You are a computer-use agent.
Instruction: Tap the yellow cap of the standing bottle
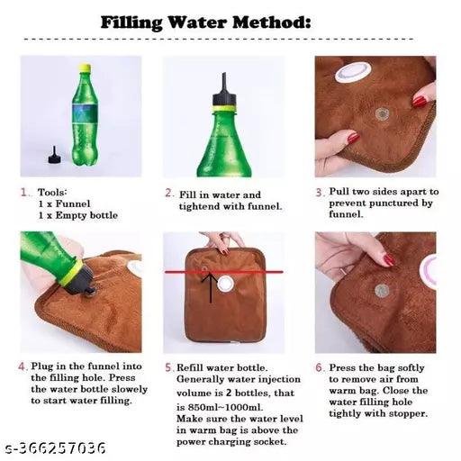tap(85, 68)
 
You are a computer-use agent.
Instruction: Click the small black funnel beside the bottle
tap(55, 155)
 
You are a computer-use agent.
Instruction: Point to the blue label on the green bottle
tap(85, 113)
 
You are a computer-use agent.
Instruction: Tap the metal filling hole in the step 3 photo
tap(383, 113)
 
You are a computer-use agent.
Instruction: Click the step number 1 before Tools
tap(24, 192)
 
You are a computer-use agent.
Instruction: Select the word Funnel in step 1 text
tap(73, 203)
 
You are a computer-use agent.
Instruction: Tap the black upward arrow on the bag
tap(211, 287)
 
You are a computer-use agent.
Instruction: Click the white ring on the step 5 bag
tap(226, 285)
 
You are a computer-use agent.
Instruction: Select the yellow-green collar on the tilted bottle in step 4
tap(70, 273)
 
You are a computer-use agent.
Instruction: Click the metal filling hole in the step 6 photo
tap(382, 291)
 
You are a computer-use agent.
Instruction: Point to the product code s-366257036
tap(56, 447)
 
